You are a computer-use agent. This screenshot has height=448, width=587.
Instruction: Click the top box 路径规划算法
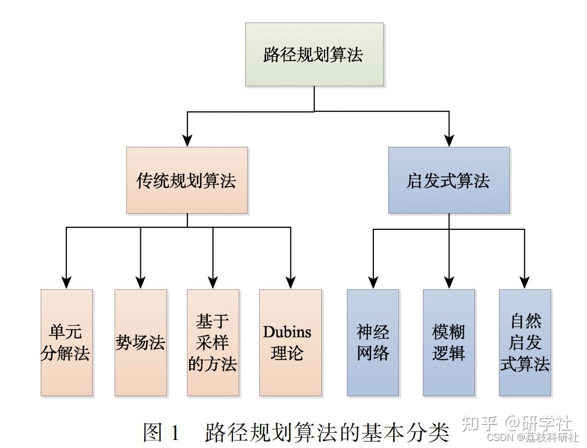(x=314, y=54)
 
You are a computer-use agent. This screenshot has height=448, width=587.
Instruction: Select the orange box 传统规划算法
(x=187, y=181)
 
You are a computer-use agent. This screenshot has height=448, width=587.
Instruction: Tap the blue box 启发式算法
(x=448, y=181)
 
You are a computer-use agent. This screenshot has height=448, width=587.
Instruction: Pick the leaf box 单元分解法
(x=66, y=342)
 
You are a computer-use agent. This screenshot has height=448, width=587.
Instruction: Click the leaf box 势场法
(x=140, y=342)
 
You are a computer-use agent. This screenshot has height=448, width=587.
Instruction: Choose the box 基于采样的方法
(x=213, y=342)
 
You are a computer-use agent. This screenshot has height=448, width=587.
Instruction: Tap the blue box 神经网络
(x=373, y=342)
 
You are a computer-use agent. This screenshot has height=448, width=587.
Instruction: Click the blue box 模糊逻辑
(x=449, y=342)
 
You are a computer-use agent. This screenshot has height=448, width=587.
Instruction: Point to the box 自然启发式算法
(x=524, y=342)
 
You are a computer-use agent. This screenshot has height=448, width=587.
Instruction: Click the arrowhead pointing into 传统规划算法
(x=187, y=140)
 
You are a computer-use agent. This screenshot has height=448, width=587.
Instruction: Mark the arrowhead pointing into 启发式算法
(x=448, y=140)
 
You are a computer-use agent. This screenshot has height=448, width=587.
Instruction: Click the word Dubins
(x=287, y=332)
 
